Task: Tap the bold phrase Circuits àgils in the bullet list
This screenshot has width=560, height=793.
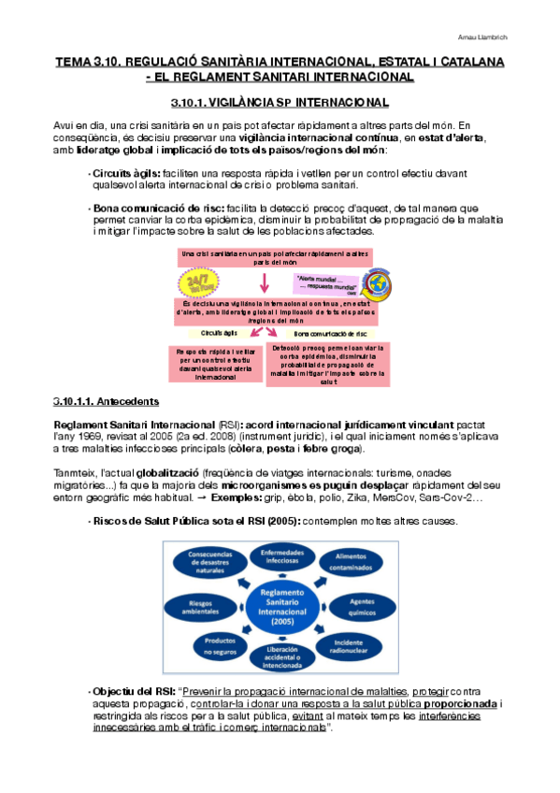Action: [126, 173]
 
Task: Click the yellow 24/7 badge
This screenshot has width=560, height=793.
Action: [198, 281]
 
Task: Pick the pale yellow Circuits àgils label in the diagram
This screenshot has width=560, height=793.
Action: [219, 332]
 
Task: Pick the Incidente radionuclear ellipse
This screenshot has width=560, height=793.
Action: [350, 650]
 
